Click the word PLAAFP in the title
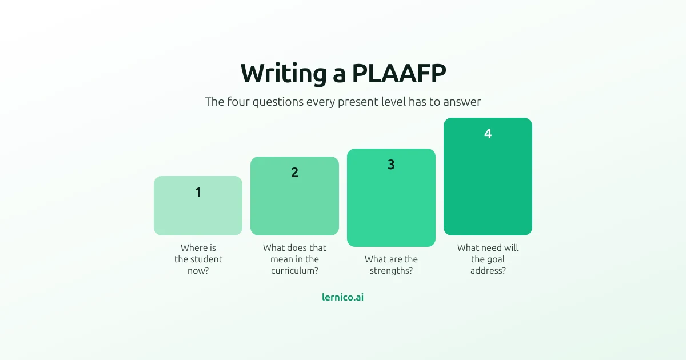[399, 74]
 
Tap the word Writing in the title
[284, 74]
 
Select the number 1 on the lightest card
[198, 192]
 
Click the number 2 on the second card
[294, 173]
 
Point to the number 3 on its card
[391, 165]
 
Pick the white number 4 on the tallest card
[488, 134]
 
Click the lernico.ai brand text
[342, 297]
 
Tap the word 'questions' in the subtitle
[278, 102]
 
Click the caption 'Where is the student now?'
[198, 259]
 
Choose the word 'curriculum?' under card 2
[294, 271]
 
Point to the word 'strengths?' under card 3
[391, 271]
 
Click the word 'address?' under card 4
[488, 271]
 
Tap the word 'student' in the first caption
[207, 259]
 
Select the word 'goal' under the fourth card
[496, 260]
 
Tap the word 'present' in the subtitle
[358, 102]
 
